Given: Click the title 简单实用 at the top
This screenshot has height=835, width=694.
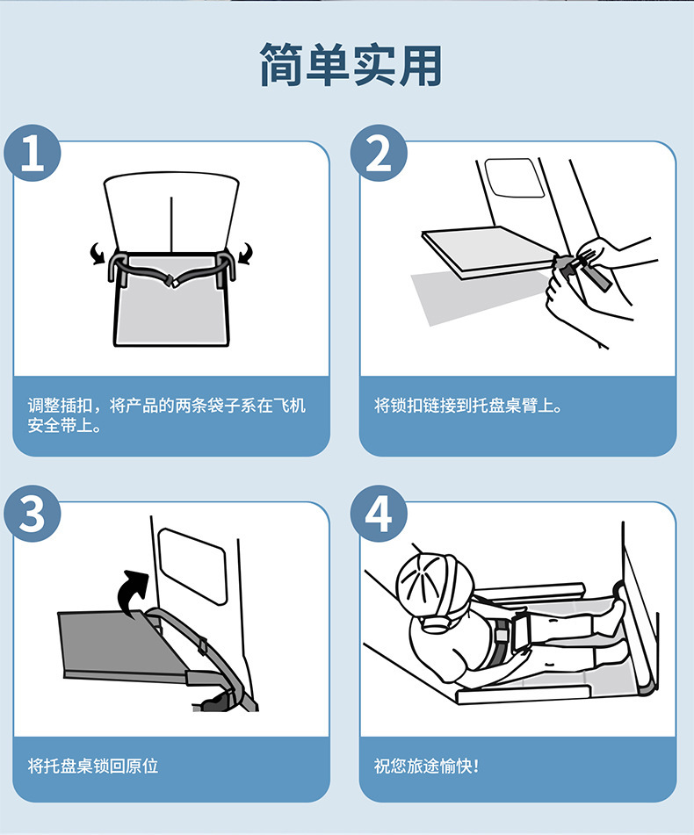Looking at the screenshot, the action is (x=351, y=64).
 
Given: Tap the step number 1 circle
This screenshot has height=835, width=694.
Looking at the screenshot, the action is (x=33, y=153).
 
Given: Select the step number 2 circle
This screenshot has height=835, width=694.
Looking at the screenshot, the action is (x=379, y=153).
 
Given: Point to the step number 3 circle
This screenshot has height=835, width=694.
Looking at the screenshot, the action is (x=33, y=514).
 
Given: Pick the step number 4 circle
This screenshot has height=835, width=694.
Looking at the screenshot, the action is (x=379, y=514).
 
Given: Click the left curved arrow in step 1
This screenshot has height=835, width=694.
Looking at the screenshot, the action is (x=97, y=254).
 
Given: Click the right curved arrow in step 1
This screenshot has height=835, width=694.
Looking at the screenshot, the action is (x=246, y=254).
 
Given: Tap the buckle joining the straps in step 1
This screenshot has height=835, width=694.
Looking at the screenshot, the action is (x=172, y=281).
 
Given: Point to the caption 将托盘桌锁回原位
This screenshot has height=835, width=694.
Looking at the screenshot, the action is (x=93, y=766).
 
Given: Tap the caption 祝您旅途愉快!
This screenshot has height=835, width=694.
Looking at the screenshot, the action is (x=426, y=766).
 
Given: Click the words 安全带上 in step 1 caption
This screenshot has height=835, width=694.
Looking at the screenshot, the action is (x=61, y=426).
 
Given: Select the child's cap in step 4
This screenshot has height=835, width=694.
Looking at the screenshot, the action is (x=434, y=581).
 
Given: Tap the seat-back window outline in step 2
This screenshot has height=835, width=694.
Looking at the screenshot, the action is (x=514, y=177).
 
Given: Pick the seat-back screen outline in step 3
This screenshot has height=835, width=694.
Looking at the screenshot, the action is (x=192, y=566).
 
